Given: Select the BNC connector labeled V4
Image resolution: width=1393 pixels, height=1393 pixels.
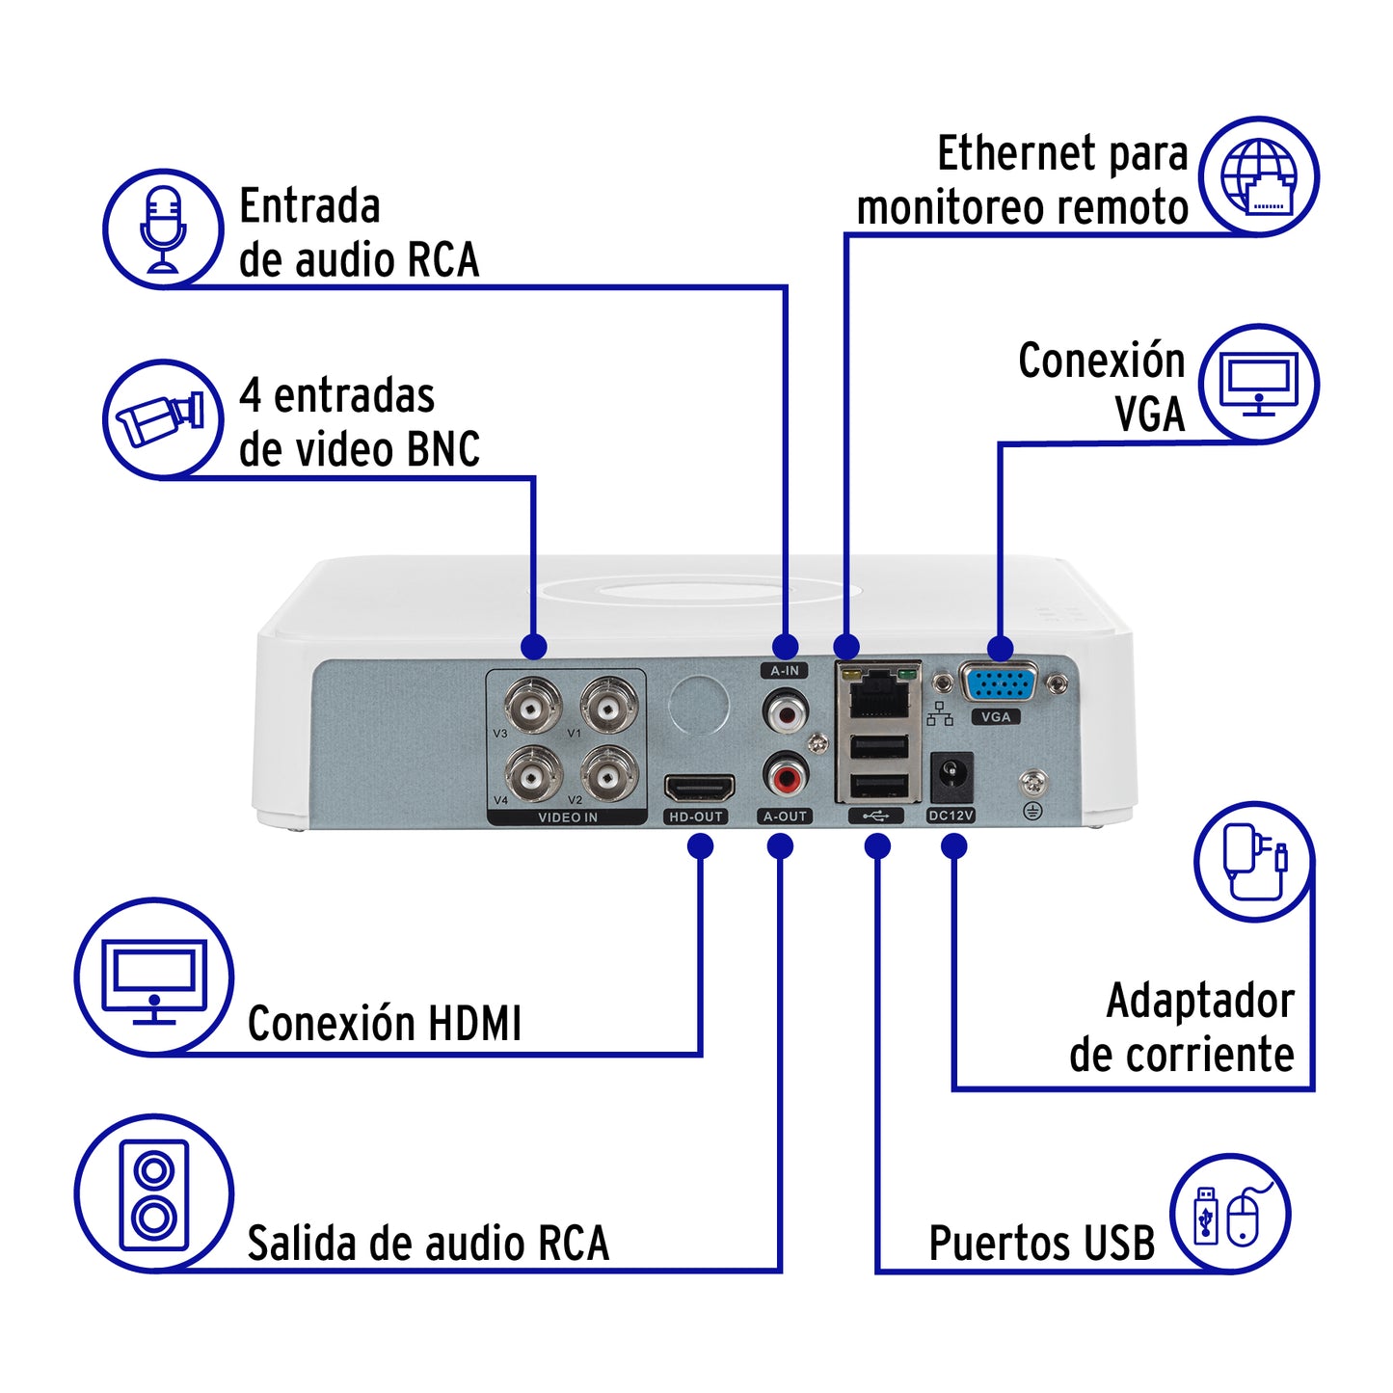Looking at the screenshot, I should pyautogui.click(x=531, y=774).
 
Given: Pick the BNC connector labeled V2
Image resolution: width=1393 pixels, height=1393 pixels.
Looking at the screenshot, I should pyautogui.click(x=608, y=774).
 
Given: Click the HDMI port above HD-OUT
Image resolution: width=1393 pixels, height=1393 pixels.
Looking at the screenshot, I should pyautogui.click(x=699, y=789).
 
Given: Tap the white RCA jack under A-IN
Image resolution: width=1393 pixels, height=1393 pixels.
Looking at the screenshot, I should pyautogui.click(x=786, y=713).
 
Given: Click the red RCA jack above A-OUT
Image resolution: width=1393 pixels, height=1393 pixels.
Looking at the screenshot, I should pyautogui.click(x=786, y=774).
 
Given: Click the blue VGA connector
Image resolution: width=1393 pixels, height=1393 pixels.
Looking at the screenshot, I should pyautogui.click(x=999, y=684).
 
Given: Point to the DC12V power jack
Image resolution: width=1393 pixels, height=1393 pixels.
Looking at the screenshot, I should pyautogui.click(x=951, y=775).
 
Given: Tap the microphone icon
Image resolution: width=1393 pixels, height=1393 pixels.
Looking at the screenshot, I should pyautogui.click(x=163, y=229).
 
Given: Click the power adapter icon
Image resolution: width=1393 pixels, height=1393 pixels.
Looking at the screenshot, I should pyautogui.click(x=1254, y=861).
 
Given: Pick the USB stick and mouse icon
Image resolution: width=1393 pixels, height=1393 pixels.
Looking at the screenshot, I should pyautogui.click(x=1229, y=1214).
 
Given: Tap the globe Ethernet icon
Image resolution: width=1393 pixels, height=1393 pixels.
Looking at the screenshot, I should pyautogui.click(x=1259, y=176).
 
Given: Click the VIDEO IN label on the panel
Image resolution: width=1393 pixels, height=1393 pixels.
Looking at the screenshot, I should pyautogui.click(x=567, y=817).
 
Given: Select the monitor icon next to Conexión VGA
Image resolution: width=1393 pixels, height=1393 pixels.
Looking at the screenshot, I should pyautogui.click(x=1259, y=384).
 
